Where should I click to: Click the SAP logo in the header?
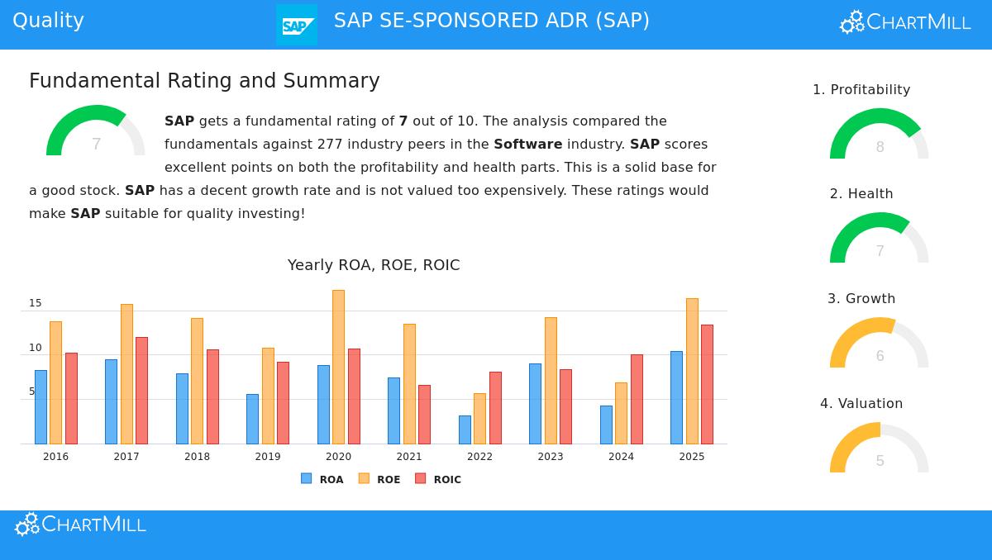[x=296, y=25]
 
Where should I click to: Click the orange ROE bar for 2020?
[x=338, y=367]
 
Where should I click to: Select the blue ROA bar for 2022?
[x=465, y=429]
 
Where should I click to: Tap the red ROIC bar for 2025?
[x=707, y=384]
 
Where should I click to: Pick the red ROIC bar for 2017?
[x=141, y=390]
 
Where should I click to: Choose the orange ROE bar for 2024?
[x=621, y=413]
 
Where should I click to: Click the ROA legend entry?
[x=322, y=479]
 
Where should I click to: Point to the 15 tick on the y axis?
[x=35, y=303]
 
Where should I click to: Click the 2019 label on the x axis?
[x=268, y=457]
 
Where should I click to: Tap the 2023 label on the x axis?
[x=551, y=457]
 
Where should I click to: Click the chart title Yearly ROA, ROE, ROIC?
[x=374, y=265]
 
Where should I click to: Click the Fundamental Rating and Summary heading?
[x=204, y=81]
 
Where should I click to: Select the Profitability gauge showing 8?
[x=879, y=136]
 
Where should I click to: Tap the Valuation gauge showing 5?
[x=879, y=450]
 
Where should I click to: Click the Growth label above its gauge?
[x=861, y=299]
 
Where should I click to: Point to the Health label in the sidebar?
[x=861, y=194]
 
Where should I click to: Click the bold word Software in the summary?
[x=527, y=145]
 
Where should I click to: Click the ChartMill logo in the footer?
[x=81, y=524]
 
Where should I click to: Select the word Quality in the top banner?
[x=48, y=21]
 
